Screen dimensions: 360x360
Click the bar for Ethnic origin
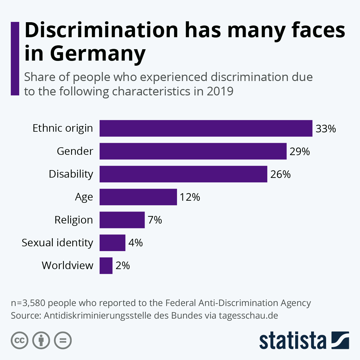click(206, 128)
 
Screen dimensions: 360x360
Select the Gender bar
click(193, 151)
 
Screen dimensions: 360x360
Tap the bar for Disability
click(183, 174)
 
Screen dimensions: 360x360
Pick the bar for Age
click(138, 197)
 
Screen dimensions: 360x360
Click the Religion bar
click(122, 220)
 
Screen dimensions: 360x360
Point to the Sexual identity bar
click(112, 243)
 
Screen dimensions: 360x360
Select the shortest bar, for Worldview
click(106, 265)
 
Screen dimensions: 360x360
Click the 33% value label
click(326, 129)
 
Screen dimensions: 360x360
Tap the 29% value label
click(300, 151)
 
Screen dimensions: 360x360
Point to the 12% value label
click(190, 197)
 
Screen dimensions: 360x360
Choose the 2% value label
click(123, 266)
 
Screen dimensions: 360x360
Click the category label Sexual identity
click(57, 243)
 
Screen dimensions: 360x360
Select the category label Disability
click(71, 174)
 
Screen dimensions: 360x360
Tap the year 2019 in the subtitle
click(220, 91)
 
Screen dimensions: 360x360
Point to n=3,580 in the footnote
click(28, 303)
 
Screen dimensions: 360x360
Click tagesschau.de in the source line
click(248, 316)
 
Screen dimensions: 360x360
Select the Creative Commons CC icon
click(19, 340)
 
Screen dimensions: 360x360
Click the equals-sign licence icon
click(63, 340)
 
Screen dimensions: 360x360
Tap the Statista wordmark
click(293, 340)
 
